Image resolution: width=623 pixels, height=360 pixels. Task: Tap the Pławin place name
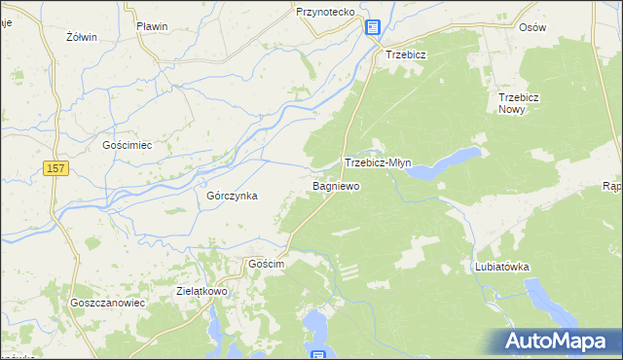pyautogui.click(x=153, y=26)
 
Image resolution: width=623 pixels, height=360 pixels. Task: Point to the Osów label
pyautogui.click(x=532, y=27)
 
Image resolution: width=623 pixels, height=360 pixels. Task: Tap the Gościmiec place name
pyautogui.click(x=128, y=144)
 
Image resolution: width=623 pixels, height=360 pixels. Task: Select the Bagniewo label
pyautogui.click(x=337, y=184)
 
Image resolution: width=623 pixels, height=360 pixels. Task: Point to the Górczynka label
pyautogui.click(x=232, y=195)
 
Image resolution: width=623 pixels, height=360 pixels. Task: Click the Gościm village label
pyautogui.click(x=266, y=265)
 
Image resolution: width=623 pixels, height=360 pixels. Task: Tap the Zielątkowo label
pyautogui.click(x=202, y=290)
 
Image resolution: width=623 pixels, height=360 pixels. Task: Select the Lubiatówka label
pyautogui.click(x=501, y=266)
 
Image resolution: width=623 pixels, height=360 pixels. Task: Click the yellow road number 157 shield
pyautogui.click(x=55, y=169)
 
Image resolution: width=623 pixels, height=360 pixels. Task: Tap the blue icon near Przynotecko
pyautogui.click(x=373, y=27)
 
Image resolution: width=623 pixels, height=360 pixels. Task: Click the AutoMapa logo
pyautogui.click(x=556, y=342)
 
